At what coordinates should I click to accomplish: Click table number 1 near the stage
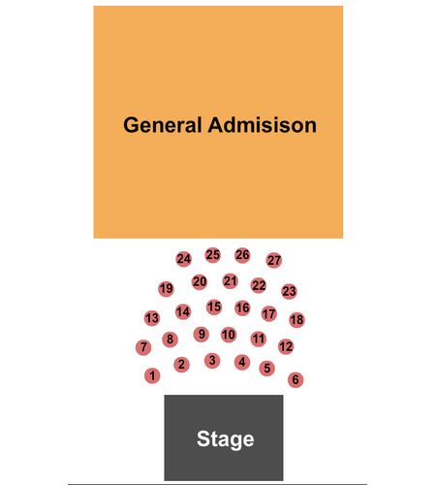click(x=152, y=375)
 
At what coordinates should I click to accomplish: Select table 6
click(x=296, y=379)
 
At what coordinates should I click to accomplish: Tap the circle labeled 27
click(x=274, y=260)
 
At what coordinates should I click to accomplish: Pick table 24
click(x=183, y=259)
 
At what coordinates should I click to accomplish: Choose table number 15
click(x=214, y=307)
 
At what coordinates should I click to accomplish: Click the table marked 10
click(x=229, y=335)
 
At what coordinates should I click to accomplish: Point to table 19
click(x=166, y=288)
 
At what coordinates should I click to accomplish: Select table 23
click(x=289, y=291)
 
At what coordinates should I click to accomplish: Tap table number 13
click(x=152, y=318)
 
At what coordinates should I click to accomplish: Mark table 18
click(x=296, y=320)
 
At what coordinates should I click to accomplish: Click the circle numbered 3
click(x=212, y=360)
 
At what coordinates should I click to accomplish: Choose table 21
click(x=230, y=281)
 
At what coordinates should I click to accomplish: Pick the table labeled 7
click(x=143, y=347)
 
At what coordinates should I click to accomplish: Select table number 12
click(x=286, y=346)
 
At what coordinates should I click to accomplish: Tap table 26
click(x=242, y=255)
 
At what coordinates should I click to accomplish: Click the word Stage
click(x=226, y=439)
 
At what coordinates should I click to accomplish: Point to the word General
click(x=163, y=125)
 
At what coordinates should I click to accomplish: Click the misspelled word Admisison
click(x=262, y=125)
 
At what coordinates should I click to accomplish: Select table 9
click(x=202, y=334)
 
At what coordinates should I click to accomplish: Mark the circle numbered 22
click(x=259, y=285)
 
